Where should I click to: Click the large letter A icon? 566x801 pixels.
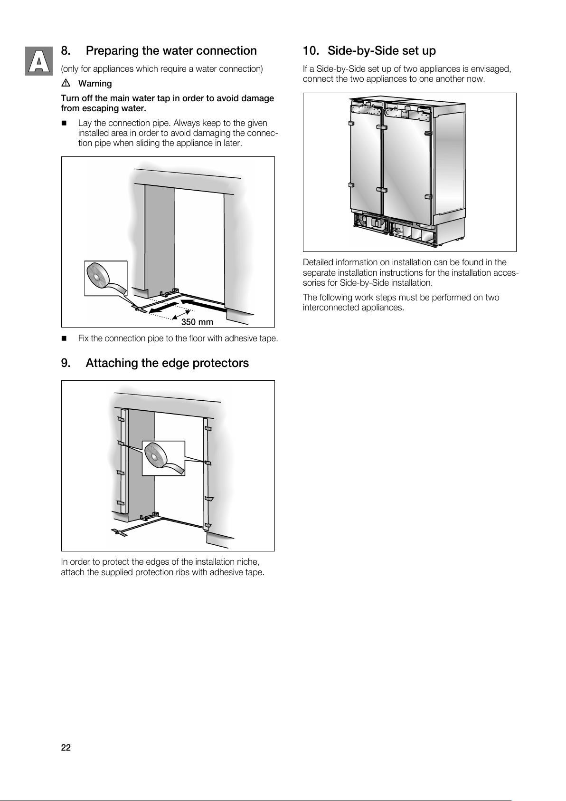[x=38, y=61]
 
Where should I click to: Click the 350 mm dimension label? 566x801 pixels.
[x=198, y=322]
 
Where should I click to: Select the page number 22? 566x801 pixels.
[x=66, y=748]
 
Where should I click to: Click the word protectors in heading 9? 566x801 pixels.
[x=220, y=363]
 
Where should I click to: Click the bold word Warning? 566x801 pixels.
[x=95, y=84]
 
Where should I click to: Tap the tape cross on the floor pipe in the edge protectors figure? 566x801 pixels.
[x=120, y=532]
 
